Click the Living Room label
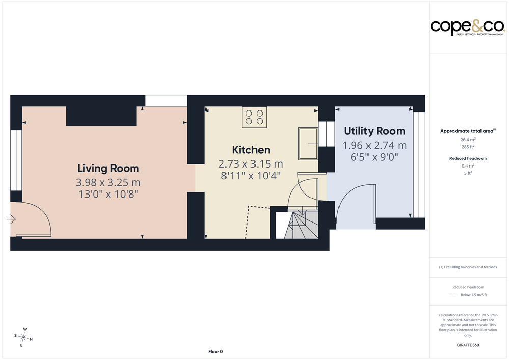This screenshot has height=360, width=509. pos(108,168)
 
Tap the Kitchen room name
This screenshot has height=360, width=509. pos(251,150)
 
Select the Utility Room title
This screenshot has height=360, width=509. pos(374,131)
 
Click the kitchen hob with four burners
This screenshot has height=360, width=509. pos(254,117)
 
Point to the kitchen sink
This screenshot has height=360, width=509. pos(308,144)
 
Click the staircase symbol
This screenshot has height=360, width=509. pos(301,225)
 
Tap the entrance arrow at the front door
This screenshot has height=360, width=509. pos(11,219)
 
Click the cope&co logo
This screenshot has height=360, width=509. pos(468,27)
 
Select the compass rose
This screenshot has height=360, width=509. pos(23,338)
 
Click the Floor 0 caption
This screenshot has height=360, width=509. pos(215,351)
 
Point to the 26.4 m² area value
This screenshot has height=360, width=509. pos(468,140)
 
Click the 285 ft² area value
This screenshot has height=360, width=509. pos(468,147)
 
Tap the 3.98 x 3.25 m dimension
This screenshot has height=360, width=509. pos(108,182)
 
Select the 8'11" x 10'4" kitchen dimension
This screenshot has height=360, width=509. pos(251,176)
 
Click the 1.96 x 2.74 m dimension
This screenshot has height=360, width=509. pos(374,145)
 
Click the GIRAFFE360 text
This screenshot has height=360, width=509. pos(468,345)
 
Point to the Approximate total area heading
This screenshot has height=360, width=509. pos(468,131)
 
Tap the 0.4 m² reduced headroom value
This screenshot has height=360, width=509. pos(468,166)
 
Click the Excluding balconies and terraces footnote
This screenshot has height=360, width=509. pos(468,267)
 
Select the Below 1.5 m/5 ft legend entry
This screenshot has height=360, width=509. pos(473,295)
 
